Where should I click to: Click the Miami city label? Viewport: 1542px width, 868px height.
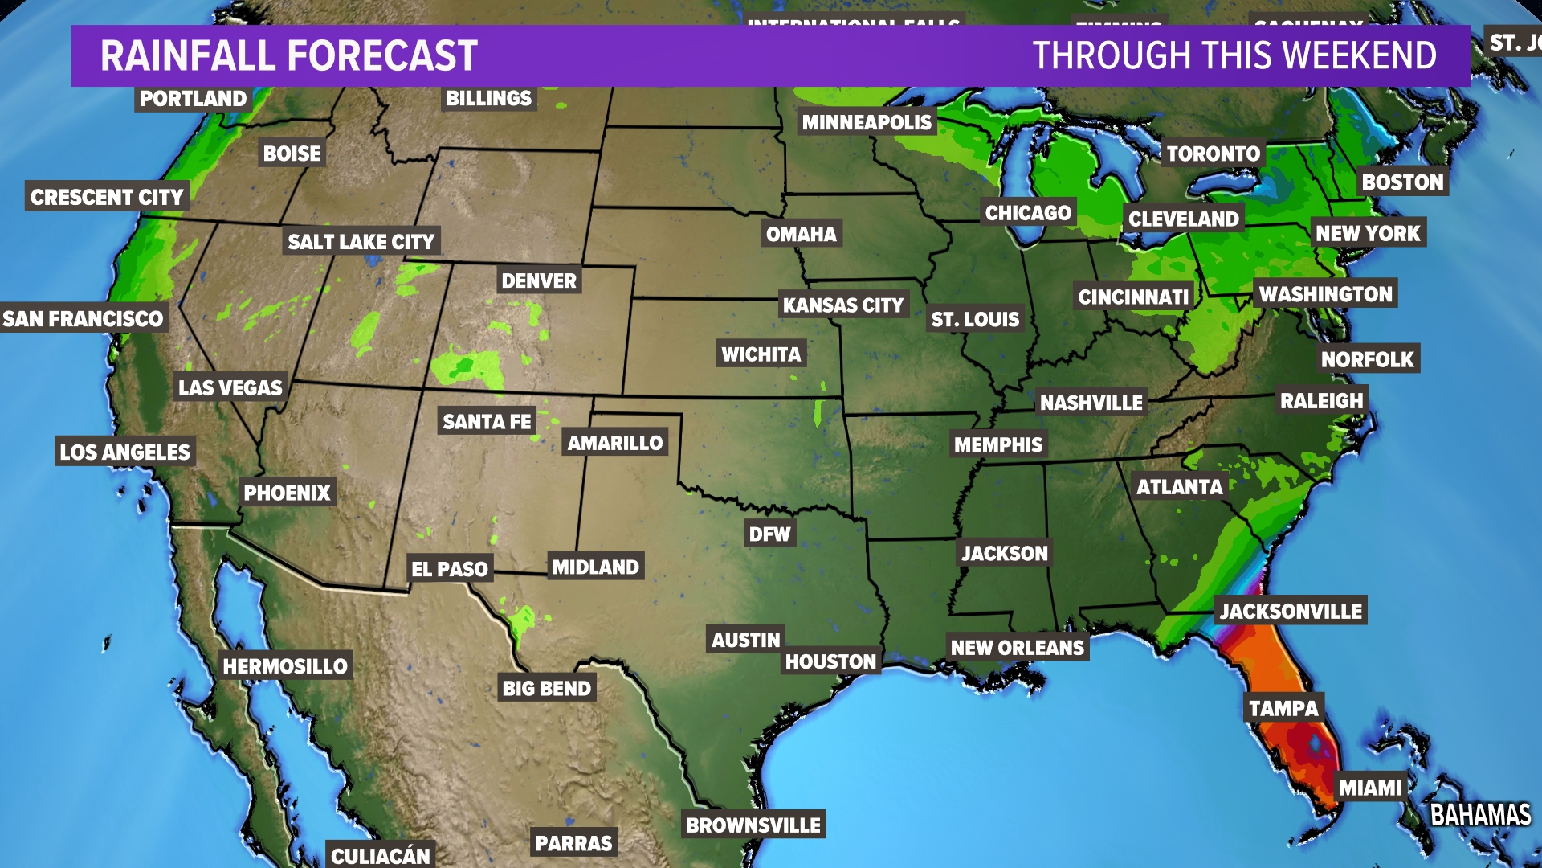coord(1370,788)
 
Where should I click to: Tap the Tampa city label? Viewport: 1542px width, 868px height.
coord(1283,708)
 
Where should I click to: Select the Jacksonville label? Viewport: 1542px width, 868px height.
coord(1291,611)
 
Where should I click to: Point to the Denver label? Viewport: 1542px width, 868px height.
coord(539,280)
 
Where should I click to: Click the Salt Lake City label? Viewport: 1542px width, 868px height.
coord(361,241)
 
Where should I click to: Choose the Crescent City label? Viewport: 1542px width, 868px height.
coord(107,197)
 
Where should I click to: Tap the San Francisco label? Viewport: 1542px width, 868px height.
coord(83,318)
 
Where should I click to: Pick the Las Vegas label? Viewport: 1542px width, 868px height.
coord(230,387)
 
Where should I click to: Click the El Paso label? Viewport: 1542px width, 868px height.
coord(450,569)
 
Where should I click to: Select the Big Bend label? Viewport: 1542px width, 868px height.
coord(546,688)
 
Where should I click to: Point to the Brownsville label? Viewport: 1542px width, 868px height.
coord(753,825)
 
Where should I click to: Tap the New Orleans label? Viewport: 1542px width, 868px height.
coord(1018,647)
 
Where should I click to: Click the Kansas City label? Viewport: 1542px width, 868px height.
coord(843,305)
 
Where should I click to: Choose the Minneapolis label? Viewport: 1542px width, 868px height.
coord(867,122)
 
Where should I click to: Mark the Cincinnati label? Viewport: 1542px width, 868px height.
coord(1133,297)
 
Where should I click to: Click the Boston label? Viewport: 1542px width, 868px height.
coord(1402,182)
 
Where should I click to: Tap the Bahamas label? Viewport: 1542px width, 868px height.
coord(1480,814)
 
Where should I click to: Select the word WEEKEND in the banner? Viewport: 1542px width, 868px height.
coord(1360,55)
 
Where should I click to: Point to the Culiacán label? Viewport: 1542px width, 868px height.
coord(381,855)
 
